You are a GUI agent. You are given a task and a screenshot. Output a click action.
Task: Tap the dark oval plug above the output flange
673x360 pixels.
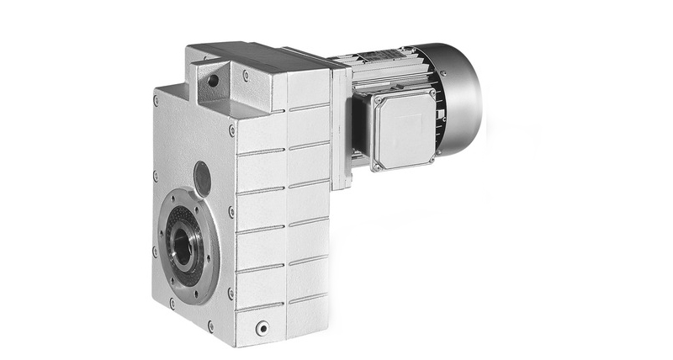tap(202, 177)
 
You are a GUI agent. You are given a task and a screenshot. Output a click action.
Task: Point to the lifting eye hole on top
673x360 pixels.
tap(212, 80)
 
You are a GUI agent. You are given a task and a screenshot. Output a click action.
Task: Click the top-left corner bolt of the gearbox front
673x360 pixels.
tap(156, 100)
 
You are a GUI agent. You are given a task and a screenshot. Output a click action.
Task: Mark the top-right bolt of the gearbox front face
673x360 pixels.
tap(232, 130)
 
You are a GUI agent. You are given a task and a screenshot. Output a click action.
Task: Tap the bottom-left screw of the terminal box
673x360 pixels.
tap(377, 166)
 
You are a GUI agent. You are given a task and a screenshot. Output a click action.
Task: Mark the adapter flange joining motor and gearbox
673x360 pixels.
tap(340, 126)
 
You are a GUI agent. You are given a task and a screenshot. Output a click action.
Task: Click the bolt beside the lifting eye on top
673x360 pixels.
tap(246, 76)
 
